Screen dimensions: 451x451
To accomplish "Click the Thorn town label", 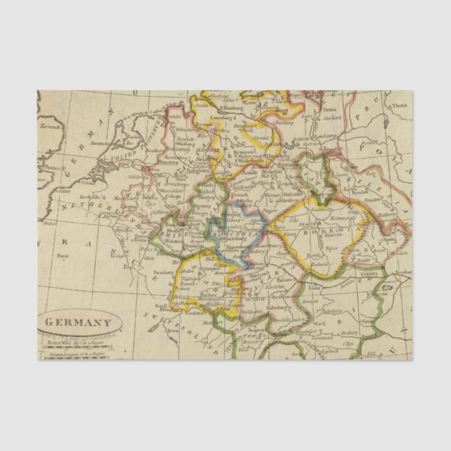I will pos(399,106).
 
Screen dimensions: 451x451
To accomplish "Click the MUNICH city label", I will pos(246,293).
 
